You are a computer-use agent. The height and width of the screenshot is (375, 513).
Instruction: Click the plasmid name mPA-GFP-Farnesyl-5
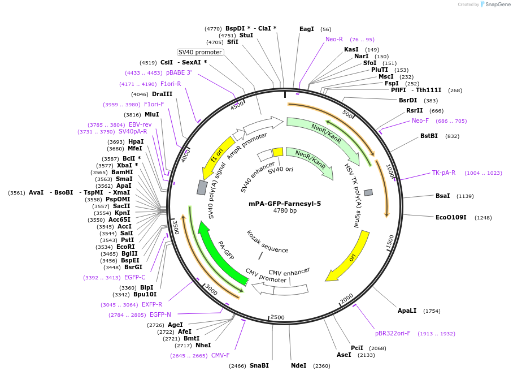[x=285, y=204]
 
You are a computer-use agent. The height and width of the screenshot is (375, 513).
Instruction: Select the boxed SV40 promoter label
[x=200, y=52]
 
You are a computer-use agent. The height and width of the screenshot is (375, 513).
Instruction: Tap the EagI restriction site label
[x=306, y=29]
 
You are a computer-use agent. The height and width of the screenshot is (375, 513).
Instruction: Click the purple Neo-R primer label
[x=334, y=40]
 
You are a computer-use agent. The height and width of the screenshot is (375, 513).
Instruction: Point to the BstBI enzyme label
[x=429, y=136]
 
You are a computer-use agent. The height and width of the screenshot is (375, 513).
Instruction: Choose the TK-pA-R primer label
[x=444, y=173]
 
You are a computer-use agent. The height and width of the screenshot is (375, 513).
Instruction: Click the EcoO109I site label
[x=451, y=217]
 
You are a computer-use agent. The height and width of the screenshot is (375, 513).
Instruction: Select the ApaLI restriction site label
[x=407, y=311]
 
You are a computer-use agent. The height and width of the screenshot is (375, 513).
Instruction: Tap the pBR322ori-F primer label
[x=393, y=334]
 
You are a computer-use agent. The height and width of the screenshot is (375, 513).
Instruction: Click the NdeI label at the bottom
[x=298, y=365]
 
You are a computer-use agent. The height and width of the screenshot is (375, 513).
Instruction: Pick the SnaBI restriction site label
[x=259, y=365]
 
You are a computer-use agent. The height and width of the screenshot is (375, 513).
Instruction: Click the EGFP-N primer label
[x=160, y=315]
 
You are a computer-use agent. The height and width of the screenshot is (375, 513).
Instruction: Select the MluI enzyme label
[x=151, y=114]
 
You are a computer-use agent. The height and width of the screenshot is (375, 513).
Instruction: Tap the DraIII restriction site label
[x=162, y=94]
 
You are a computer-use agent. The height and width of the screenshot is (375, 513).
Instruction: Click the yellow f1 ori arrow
[x=217, y=156]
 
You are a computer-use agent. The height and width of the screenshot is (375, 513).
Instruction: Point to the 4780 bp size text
[x=285, y=211]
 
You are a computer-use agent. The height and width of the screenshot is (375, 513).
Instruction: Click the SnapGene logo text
[x=496, y=5]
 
